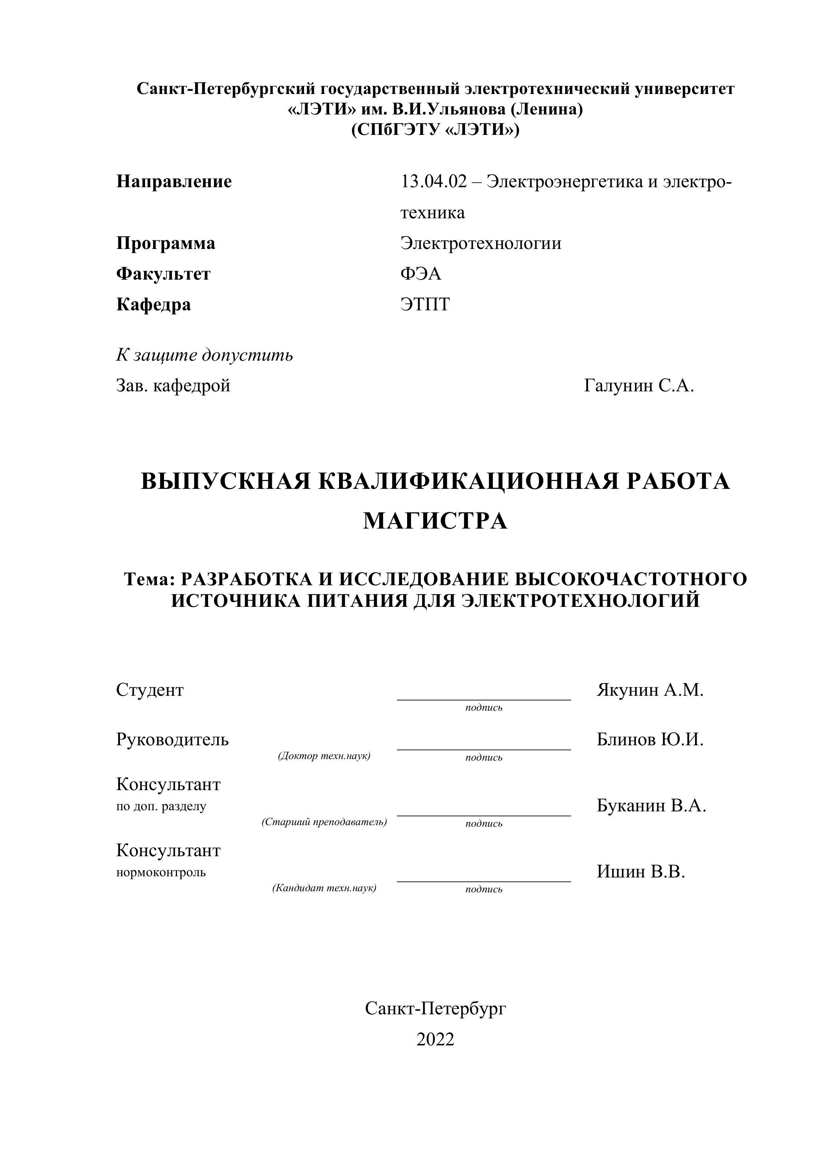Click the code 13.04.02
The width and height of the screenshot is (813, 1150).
click(x=433, y=181)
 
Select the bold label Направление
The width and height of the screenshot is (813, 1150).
click(x=174, y=181)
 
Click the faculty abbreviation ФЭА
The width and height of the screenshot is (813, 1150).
click(x=420, y=274)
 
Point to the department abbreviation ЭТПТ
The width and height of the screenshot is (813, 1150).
click(x=425, y=304)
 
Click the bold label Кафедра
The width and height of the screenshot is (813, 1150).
click(x=153, y=304)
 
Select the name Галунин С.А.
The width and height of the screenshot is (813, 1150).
click(x=639, y=386)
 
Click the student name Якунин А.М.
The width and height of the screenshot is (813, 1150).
click(x=650, y=690)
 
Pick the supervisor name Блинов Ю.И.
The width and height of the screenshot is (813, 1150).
click(x=650, y=740)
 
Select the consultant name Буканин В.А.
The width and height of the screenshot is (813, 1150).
click(x=651, y=805)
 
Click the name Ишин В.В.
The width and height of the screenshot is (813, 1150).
click(x=640, y=872)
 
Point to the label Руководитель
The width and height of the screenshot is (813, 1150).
click(x=172, y=740)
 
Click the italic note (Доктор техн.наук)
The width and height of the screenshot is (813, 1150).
click(x=324, y=756)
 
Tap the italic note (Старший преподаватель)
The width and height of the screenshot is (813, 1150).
click(x=324, y=822)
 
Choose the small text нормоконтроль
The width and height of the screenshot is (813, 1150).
click(x=161, y=872)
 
